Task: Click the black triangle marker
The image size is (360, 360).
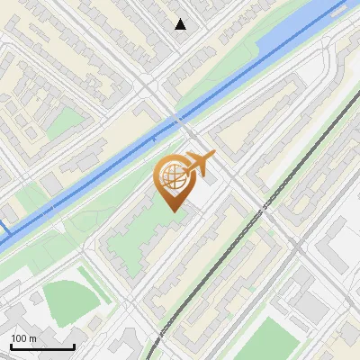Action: (181, 24)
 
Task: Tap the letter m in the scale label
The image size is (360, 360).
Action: (34, 338)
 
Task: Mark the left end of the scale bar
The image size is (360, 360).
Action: (11, 346)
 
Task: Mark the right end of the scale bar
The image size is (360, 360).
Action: (74, 346)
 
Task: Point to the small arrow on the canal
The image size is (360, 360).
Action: (154, 138)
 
